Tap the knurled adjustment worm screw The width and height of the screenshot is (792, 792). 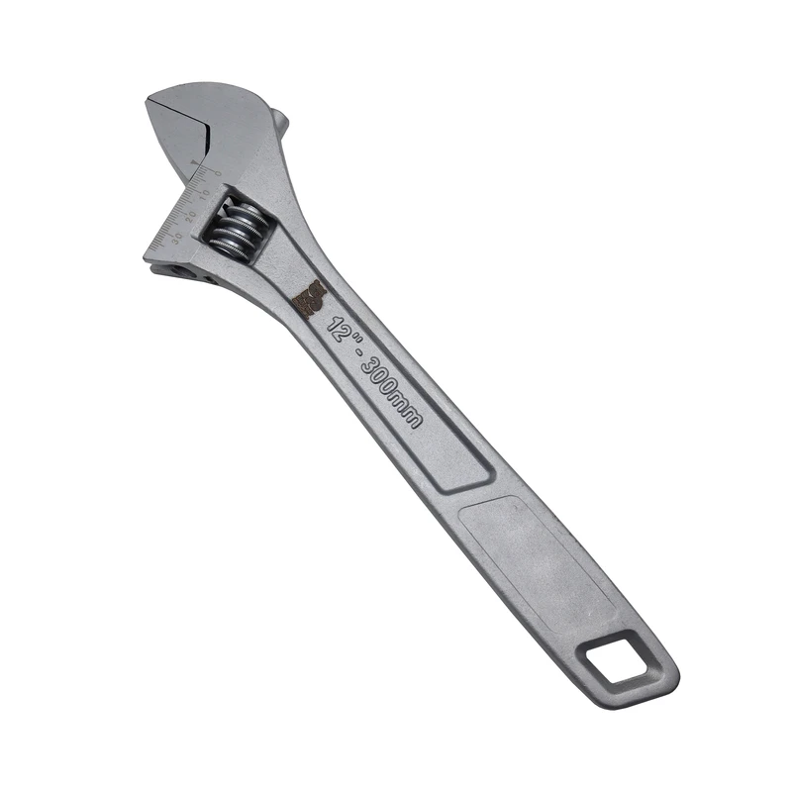click(237, 230)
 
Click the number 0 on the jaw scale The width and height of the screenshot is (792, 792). click(218, 171)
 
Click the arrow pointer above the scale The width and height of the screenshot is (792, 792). click(195, 161)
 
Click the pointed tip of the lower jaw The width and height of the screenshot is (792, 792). click(147, 257)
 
